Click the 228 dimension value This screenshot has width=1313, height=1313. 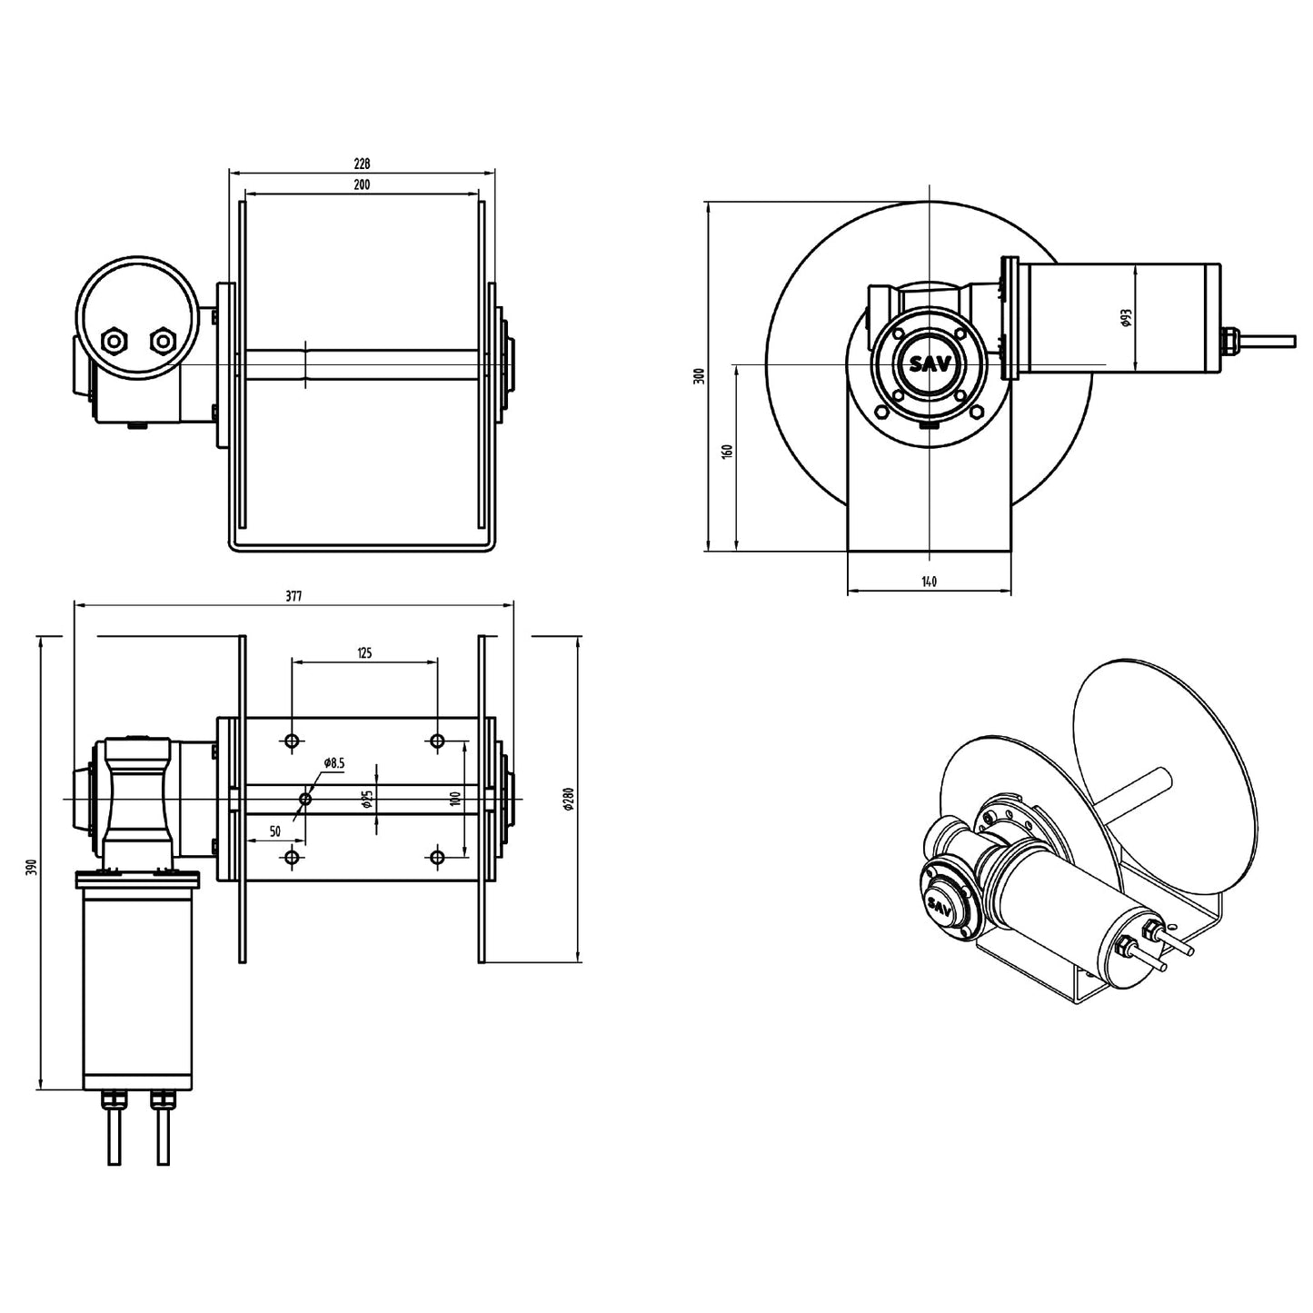coord(362,164)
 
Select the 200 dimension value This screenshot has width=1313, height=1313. coord(362,184)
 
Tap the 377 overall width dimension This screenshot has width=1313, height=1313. coord(293,597)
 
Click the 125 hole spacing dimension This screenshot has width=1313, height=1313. coord(364,652)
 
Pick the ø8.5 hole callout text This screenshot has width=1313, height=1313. coord(334,763)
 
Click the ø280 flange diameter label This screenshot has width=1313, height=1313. coord(569,799)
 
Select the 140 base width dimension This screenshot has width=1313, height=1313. coord(929,582)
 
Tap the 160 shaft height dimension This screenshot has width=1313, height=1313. coord(726,452)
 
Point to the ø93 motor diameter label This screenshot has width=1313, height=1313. coord(1126,317)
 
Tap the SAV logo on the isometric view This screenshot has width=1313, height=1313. coord(940,905)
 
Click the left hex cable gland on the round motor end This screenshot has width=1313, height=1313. coord(115,342)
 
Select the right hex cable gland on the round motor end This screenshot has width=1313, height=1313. coord(162,342)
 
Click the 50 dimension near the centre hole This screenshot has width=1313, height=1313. coord(274,831)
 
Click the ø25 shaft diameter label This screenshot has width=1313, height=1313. coord(367,799)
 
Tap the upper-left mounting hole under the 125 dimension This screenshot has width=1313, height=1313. coord(292,741)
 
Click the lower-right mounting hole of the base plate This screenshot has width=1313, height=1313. coord(437,857)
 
